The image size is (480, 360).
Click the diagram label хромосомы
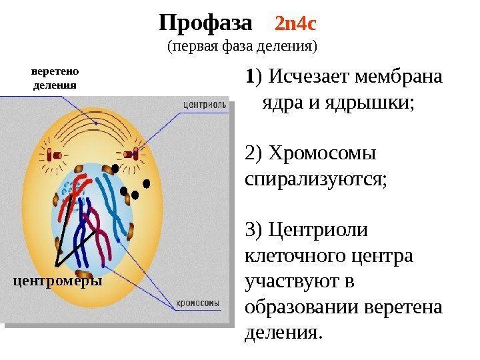(197, 303)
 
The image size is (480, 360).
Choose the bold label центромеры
(59, 281)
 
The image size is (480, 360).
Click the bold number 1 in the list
(249, 78)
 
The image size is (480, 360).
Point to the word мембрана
(399, 78)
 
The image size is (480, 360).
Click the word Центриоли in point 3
(317, 230)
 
